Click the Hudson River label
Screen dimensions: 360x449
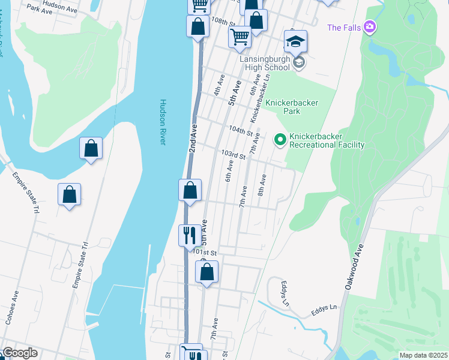pos(163,122)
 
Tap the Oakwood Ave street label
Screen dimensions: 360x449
pos(355,268)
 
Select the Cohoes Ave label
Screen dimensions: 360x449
pos(12,307)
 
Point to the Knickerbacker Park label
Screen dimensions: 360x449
pos(291,107)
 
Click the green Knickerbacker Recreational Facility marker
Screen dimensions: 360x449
pos(280,140)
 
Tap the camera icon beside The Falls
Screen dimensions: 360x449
pos(370,27)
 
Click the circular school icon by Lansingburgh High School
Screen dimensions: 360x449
pos(298,62)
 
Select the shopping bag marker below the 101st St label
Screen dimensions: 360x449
pos(206,272)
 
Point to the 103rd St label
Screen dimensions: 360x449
pos(234,155)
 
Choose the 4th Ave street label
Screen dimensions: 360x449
pos(219,85)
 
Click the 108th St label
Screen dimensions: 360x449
pos(222,20)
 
